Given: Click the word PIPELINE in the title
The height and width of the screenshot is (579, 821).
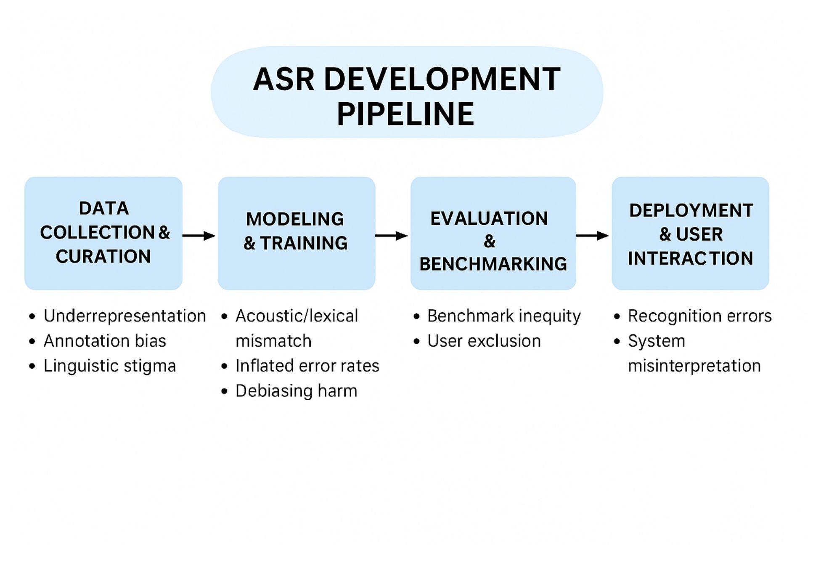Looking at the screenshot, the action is pos(405,114).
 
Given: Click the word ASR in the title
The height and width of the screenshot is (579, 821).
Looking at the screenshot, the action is pos(283,79).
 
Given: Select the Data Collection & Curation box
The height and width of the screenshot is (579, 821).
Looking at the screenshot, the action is pos(103,233).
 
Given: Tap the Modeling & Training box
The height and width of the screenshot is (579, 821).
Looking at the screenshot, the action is pos(297,233).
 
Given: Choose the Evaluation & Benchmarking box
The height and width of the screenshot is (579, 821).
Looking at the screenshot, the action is pos(493,233).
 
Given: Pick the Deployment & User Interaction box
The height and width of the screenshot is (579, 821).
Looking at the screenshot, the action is pos(691,233).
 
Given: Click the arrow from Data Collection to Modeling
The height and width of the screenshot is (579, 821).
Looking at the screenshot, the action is pos(199,236).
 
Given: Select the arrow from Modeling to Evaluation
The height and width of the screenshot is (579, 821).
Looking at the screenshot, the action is pos(392,236).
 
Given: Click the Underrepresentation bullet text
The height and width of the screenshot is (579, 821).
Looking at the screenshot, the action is pos(125,316).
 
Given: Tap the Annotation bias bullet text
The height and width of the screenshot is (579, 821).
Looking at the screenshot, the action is pos(105,341).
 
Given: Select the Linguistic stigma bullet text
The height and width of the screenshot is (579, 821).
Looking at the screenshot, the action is pos(110,366).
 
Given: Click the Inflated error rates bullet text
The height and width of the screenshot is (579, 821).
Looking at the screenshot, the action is pos(307,366).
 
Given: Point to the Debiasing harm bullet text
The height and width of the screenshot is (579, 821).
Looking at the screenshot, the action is pos(297,391).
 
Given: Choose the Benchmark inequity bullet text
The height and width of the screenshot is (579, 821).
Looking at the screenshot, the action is pos(504,316).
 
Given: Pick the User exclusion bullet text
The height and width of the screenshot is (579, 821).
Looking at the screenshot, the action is pos(484,341).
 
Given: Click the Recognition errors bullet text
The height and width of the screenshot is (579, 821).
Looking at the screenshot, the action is pos(700,316).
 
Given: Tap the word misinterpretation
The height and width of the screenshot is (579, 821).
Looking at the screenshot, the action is pos(694,366).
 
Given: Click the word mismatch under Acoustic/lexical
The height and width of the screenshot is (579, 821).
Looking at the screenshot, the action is pos(273,341).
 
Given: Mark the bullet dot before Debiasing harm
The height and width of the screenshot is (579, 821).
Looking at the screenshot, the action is pos(224,391).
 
